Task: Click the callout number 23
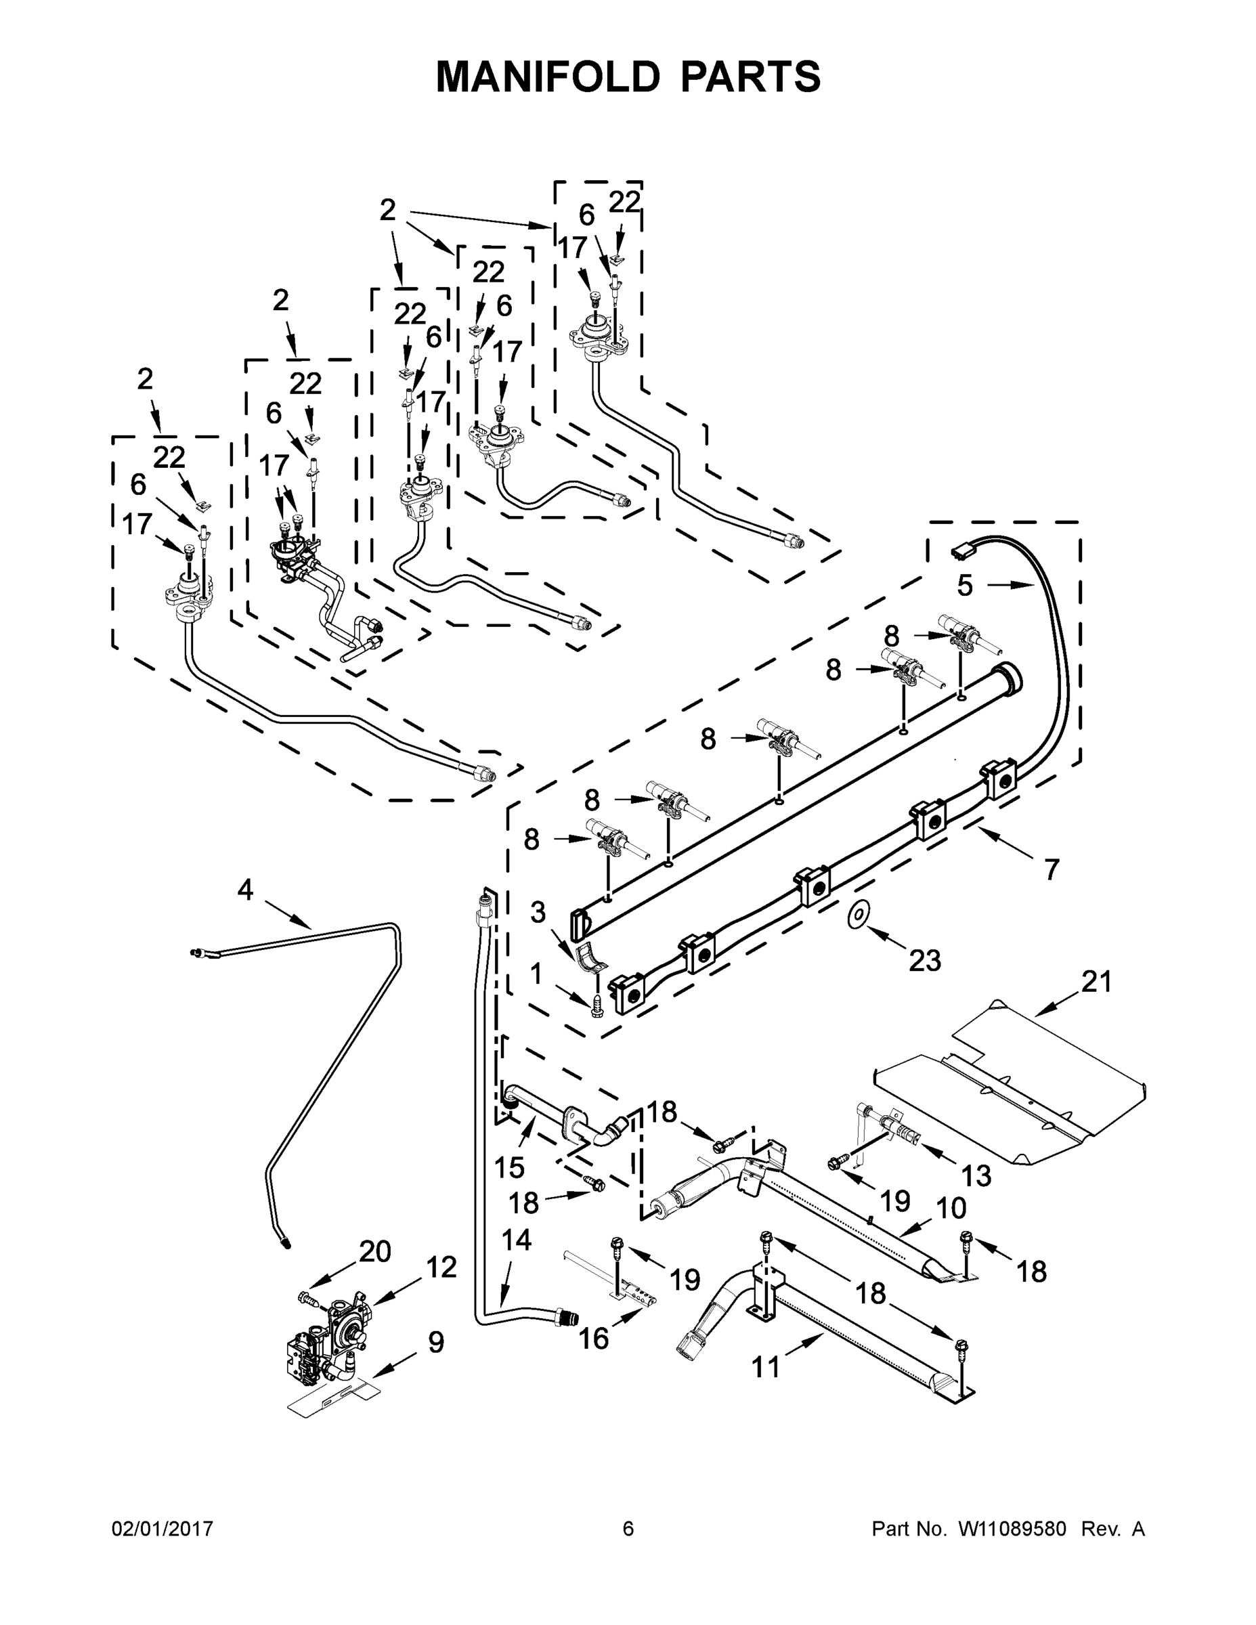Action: click(925, 961)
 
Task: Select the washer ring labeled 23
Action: click(860, 915)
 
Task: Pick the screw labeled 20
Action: click(307, 1299)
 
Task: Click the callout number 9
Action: click(436, 1342)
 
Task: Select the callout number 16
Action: click(593, 1339)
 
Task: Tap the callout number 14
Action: click(517, 1240)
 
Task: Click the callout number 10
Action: click(950, 1208)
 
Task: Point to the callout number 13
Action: click(976, 1175)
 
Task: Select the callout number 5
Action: click(964, 586)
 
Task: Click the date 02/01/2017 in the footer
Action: click(163, 1529)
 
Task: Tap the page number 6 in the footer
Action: click(628, 1529)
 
